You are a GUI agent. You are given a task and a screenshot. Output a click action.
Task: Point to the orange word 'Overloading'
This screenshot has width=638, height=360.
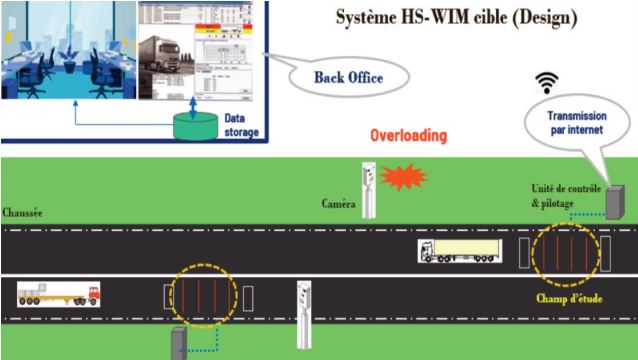click(407, 134)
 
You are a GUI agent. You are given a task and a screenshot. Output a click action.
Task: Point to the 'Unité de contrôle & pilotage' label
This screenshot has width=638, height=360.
click(566, 195)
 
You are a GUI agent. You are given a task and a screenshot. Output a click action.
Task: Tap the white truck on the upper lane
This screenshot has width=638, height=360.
click(459, 253)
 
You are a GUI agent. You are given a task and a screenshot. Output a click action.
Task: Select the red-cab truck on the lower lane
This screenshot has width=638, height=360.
click(59, 294)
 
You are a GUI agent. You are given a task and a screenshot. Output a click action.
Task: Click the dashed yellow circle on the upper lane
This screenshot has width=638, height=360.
click(565, 253)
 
